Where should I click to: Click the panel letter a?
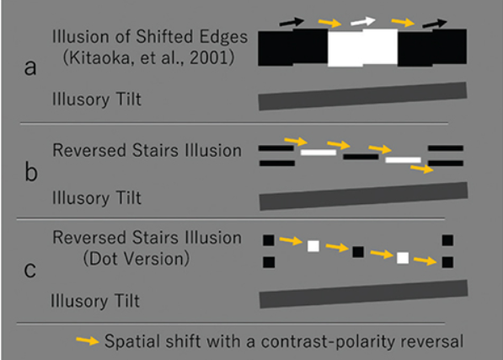click(30, 67)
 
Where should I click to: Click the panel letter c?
click(30, 270)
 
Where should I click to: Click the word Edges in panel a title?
click(224, 37)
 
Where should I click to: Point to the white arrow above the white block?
click(363, 21)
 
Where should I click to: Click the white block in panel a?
click(363, 47)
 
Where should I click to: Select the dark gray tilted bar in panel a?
click(363, 96)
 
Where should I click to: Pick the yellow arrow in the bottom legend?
click(88, 341)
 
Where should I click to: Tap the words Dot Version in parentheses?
click(136, 258)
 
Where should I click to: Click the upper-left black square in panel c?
click(269, 240)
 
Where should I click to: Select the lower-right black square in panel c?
click(447, 262)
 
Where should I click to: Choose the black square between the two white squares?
click(358, 252)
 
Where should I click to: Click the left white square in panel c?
click(313, 246)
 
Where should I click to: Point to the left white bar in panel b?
click(318, 153)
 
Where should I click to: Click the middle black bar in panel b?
click(361, 157)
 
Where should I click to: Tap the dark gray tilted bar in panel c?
click(363, 294)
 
